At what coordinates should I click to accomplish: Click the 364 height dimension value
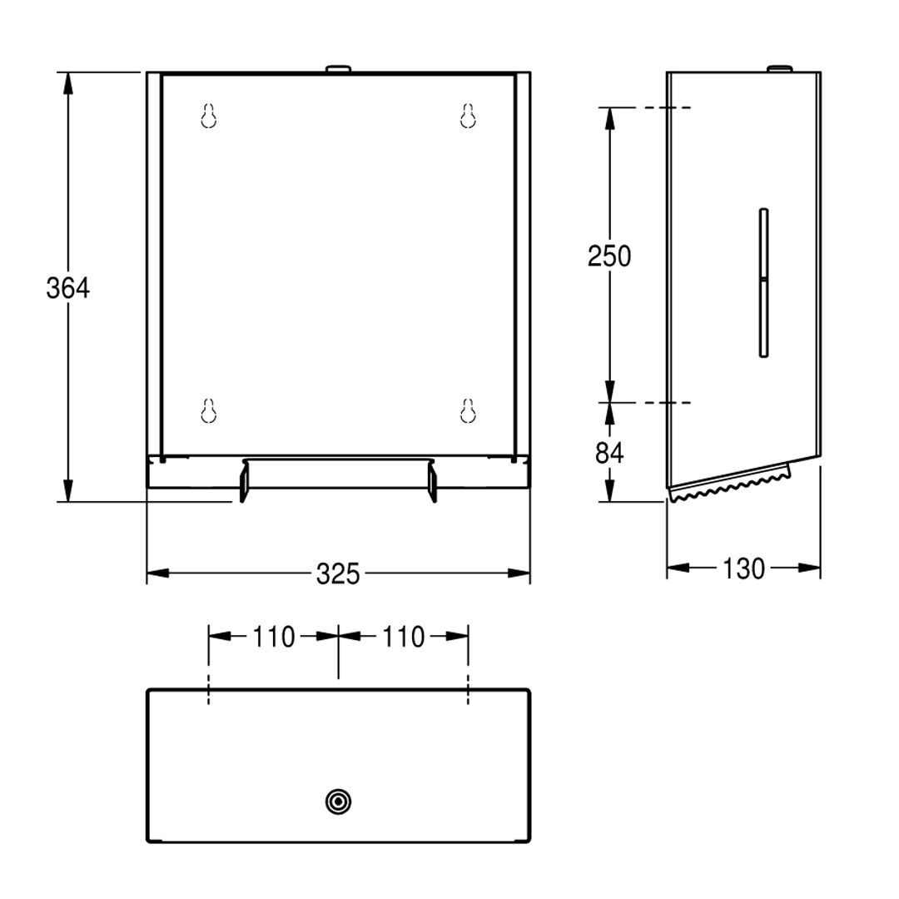67,288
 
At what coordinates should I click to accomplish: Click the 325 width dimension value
338,574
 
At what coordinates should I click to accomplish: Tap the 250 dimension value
608,256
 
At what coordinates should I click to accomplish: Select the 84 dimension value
608,453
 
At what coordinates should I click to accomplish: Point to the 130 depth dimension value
743,569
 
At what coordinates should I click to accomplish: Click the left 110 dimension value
274,637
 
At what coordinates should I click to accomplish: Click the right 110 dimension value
403,637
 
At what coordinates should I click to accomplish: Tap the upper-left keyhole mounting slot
209,116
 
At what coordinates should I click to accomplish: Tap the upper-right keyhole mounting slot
468,116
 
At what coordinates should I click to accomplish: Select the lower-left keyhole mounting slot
209,411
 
